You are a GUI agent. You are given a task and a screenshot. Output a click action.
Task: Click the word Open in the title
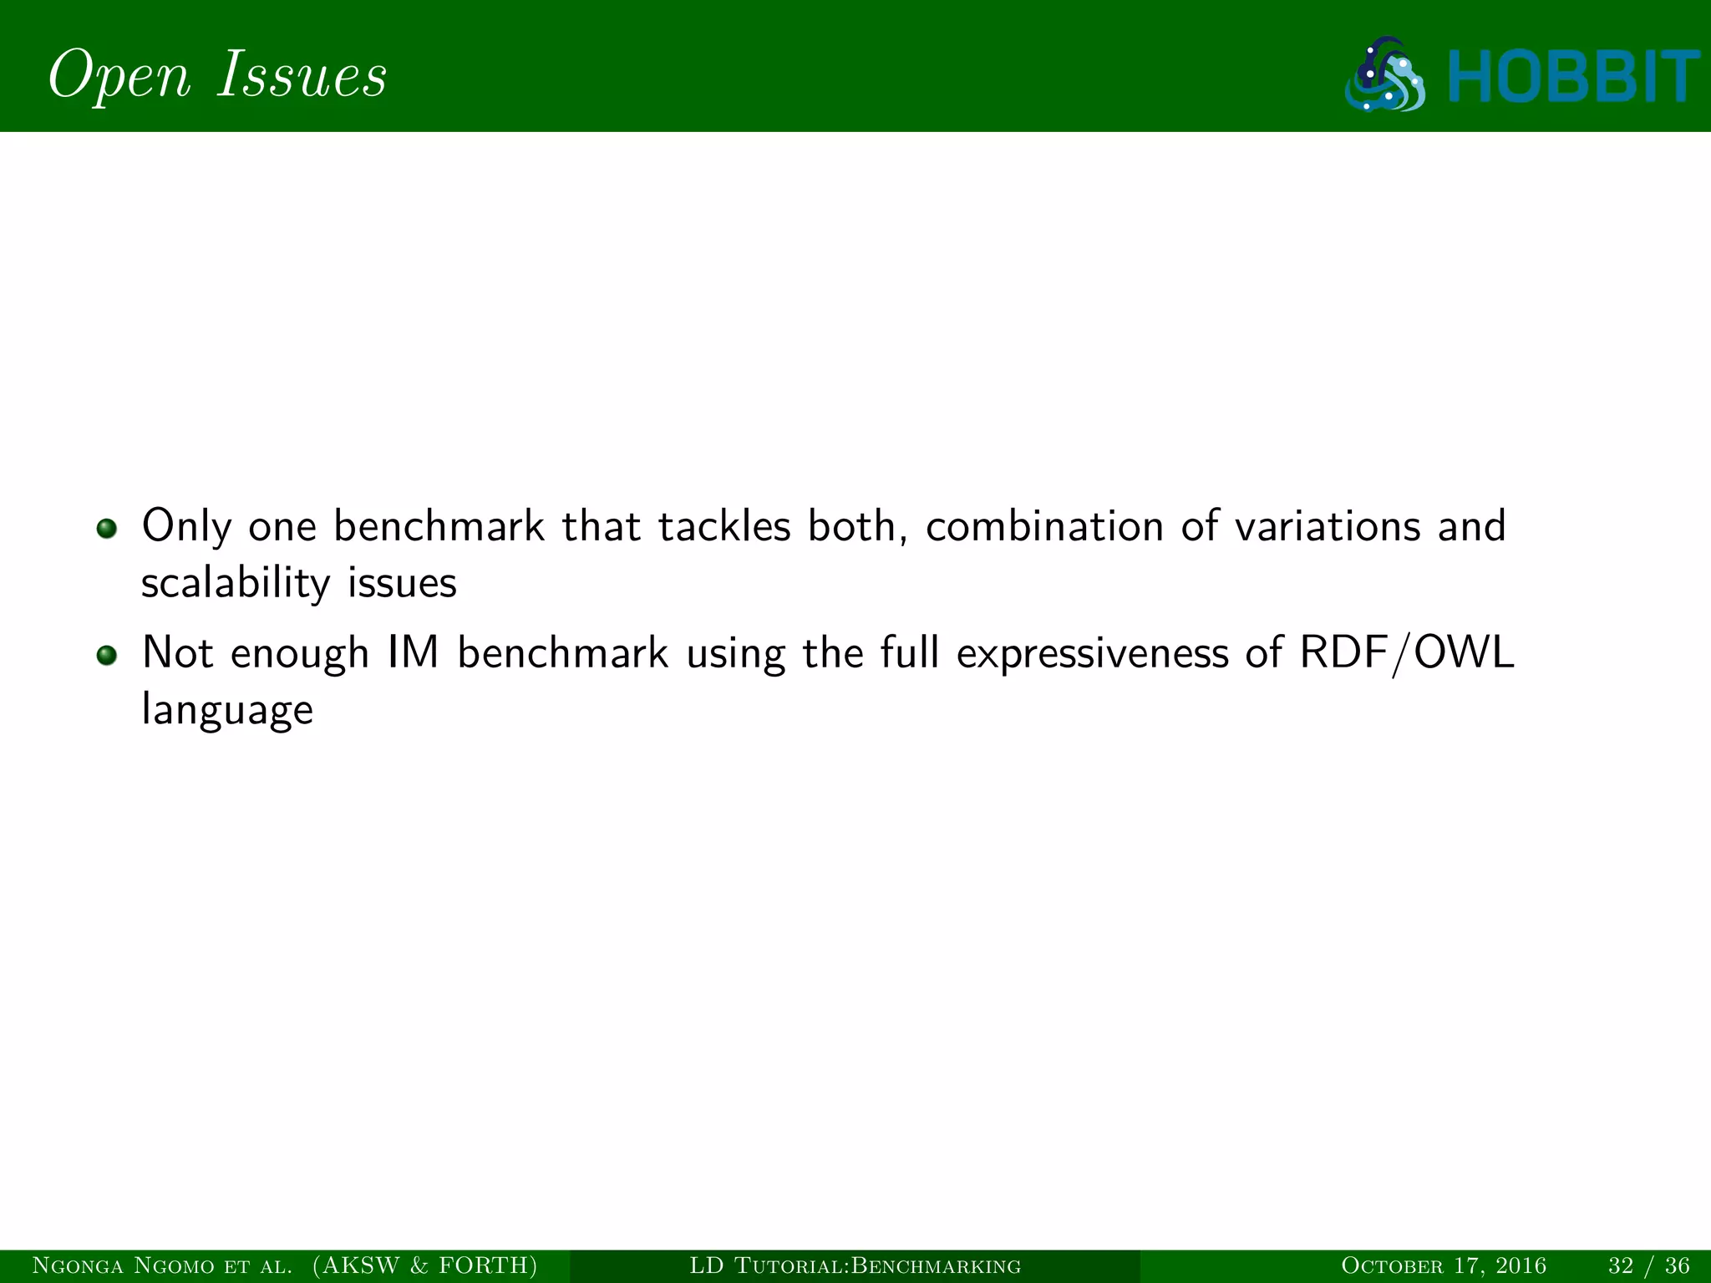pyautogui.click(x=120, y=76)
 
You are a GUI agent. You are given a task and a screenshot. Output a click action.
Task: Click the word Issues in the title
pyautogui.click(x=302, y=74)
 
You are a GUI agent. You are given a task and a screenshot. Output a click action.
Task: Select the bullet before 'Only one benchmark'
pyautogui.click(x=106, y=529)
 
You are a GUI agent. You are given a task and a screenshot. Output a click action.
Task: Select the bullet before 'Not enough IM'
pyautogui.click(x=106, y=656)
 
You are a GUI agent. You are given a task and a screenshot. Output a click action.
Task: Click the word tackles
pyautogui.click(x=723, y=527)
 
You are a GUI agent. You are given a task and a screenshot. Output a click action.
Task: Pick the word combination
pyautogui.click(x=1044, y=527)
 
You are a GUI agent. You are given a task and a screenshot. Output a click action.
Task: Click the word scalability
pyautogui.click(x=235, y=583)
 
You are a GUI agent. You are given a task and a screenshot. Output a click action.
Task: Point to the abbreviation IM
pyautogui.click(x=413, y=653)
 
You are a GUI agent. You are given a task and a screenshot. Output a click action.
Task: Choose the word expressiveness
pyautogui.click(x=1092, y=654)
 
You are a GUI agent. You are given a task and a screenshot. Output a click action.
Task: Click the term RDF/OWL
pyautogui.click(x=1407, y=653)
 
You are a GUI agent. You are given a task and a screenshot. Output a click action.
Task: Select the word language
pyautogui.click(x=227, y=711)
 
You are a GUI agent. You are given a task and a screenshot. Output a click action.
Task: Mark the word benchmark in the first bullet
pyautogui.click(x=438, y=527)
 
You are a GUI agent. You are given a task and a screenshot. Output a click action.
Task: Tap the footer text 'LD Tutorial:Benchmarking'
pyautogui.click(x=855, y=1266)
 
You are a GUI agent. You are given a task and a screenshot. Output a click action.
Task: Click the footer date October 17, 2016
pyautogui.click(x=1443, y=1266)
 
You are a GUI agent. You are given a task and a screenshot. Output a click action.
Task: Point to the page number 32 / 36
pyautogui.click(x=1648, y=1266)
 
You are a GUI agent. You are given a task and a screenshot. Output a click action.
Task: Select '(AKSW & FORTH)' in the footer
pyautogui.click(x=424, y=1266)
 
